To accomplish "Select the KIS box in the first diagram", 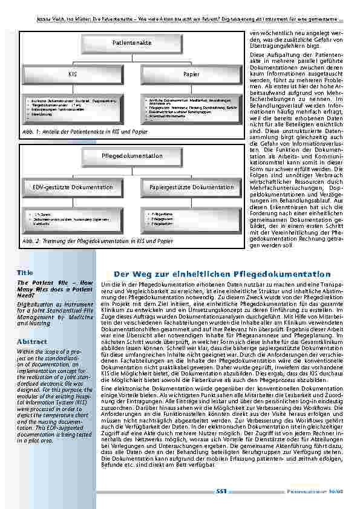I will click(x=73, y=74).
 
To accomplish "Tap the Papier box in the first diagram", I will click(x=191, y=74).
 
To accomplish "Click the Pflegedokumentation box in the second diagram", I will click(x=132, y=157).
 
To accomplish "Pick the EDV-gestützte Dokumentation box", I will click(x=72, y=187).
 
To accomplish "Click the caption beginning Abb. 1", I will click(x=85, y=131).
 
